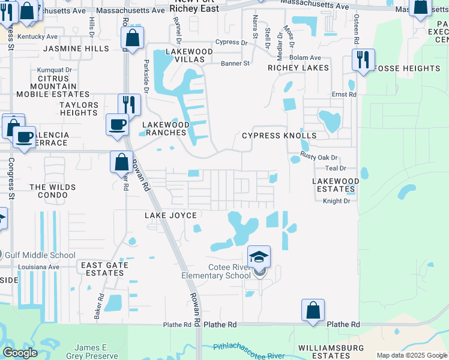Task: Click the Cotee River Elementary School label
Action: (216, 271)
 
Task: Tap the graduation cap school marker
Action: (259, 257)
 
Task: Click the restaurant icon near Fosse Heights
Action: (363, 60)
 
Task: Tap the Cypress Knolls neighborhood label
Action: (279, 136)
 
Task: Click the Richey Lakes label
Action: (298, 68)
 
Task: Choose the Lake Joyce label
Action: (170, 215)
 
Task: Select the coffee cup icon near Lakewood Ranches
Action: (117, 125)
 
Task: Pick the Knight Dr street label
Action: (336, 201)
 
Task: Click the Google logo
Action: (20, 353)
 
